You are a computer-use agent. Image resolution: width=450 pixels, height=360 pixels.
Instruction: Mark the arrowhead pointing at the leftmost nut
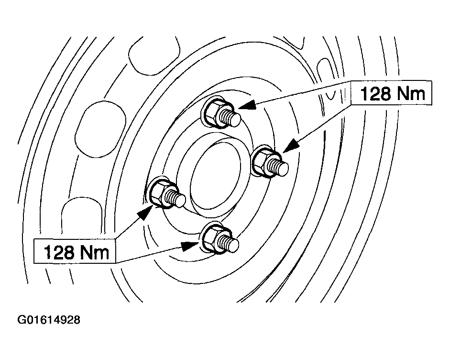point(145,213)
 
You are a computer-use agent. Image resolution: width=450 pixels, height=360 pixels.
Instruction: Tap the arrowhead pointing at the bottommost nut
point(190,246)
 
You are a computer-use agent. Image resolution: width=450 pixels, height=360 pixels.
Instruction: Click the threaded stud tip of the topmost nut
point(234,120)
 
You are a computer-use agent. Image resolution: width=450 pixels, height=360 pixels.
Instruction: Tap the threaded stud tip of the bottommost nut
point(233,245)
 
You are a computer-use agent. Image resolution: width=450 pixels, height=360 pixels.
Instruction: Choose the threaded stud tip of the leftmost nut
point(180,201)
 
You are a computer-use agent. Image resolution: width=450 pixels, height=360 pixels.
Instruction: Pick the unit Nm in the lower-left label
point(94,252)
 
